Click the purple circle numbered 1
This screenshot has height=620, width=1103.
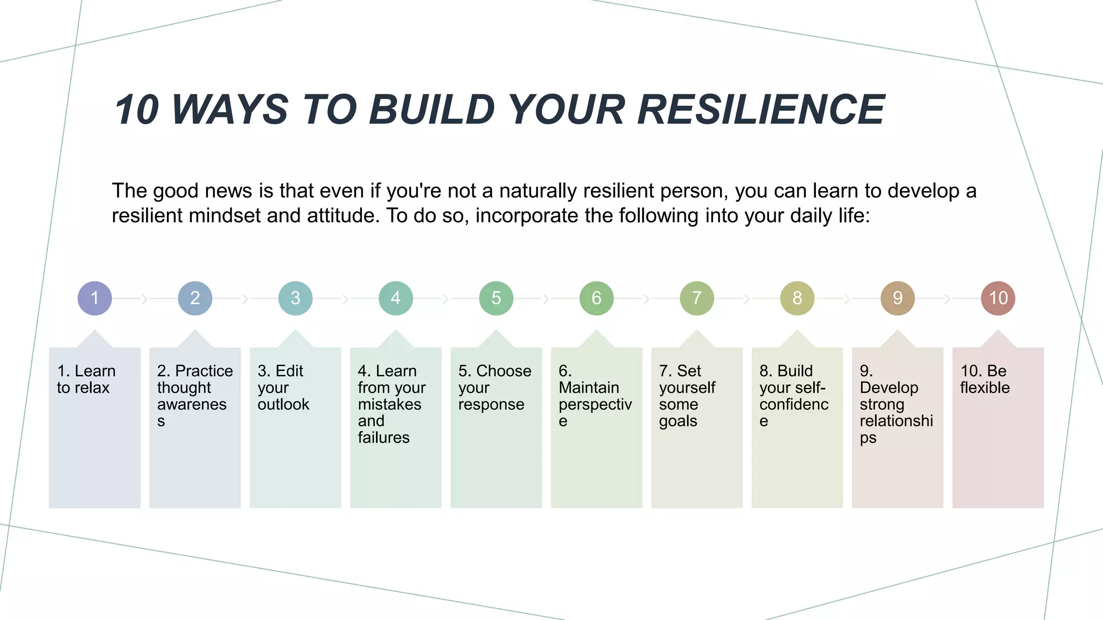point(95,298)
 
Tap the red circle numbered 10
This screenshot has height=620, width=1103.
point(998,298)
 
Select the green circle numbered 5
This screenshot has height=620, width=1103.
point(496,298)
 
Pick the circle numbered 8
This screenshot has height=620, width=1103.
point(797,298)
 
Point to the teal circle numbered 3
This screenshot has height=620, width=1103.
point(295,298)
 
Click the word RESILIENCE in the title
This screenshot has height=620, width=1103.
point(761,110)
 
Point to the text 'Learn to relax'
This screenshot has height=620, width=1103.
point(86,379)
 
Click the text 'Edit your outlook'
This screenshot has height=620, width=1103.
point(283,387)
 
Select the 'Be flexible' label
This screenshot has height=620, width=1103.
point(985,379)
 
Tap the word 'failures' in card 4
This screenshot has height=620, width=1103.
point(383,438)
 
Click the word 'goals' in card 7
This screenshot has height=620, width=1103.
point(678,421)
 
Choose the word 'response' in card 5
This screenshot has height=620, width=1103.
point(491,404)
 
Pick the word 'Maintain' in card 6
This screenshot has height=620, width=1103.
point(589,387)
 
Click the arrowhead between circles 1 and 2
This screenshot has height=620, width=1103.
point(144,299)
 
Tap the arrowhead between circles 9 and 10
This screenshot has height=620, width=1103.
point(947,299)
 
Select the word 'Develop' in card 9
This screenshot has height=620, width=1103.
point(889,387)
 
